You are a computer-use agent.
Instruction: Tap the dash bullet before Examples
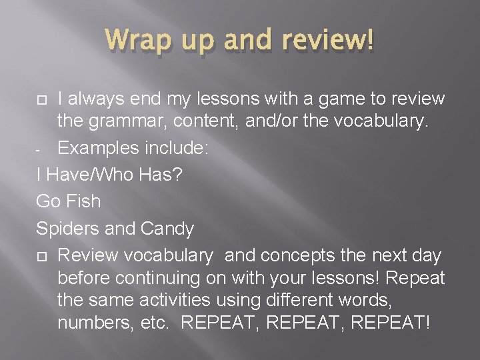(x=39, y=147)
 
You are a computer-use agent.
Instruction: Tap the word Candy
(x=167, y=229)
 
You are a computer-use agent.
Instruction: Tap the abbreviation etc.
(x=159, y=323)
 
